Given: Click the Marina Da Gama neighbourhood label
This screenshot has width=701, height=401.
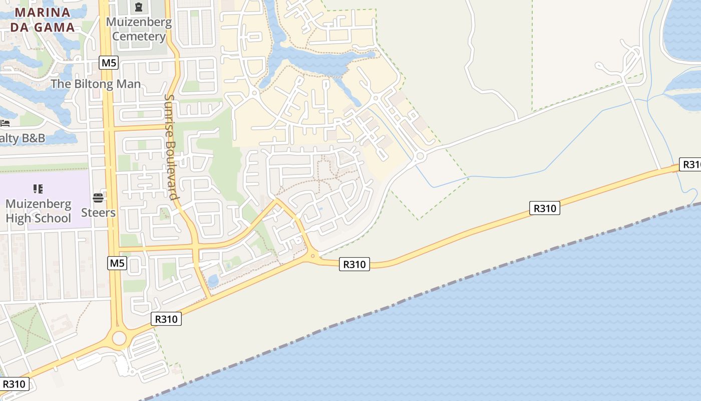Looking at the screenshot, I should pyautogui.click(x=43, y=20).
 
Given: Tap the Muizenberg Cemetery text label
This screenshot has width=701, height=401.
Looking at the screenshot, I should pyautogui.click(x=139, y=29).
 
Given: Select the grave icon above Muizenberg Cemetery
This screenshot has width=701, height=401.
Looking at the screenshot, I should pyautogui.click(x=139, y=7).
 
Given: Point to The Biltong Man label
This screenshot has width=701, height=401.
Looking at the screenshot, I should pyautogui.click(x=96, y=84).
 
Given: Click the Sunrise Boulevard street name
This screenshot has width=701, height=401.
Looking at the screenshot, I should pyautogui.click(x=171, y=146).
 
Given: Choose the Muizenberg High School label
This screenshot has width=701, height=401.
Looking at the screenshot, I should pyautogui.click(x=39, y=211).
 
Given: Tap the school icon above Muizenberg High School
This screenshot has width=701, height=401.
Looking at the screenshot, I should pyautogui.click(x=38, y=189).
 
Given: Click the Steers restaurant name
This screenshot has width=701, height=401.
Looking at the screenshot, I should pyautogui.click(x=98, y=213).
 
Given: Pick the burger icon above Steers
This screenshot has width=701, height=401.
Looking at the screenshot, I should pyautogui.click(x=98, y=197).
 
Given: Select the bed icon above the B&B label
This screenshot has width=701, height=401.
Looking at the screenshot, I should pyautogui.click(x=5, y=123).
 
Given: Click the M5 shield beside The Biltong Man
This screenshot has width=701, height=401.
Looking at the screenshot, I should pyautogui.click(x=109, y=63).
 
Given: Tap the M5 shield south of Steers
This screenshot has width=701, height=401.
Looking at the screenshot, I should pyautogui.click(x=117, y=263).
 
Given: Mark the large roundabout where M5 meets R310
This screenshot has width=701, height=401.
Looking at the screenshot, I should pyautogui.click(x=119, y=338).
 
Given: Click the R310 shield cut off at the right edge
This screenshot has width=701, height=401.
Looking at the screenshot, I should pyautogui.click(x=690, y=164).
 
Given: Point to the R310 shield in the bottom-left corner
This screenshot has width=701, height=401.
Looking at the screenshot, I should pyautogui.click(x=14, y=384).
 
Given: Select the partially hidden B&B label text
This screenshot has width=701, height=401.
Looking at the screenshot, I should pyautogui.click(x=23, y=138).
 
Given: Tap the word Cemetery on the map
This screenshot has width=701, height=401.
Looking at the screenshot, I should pyautogui.click(x=139, y=37).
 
